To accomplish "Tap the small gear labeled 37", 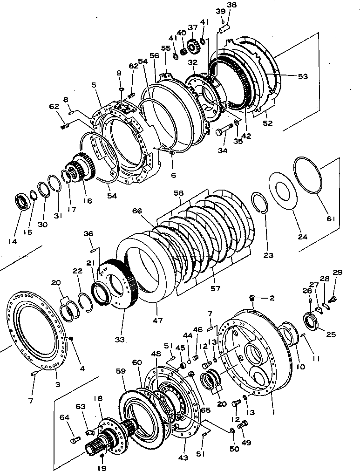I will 193,47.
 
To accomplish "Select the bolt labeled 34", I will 224,131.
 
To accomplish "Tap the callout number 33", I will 120,340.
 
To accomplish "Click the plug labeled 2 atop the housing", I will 253,297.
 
